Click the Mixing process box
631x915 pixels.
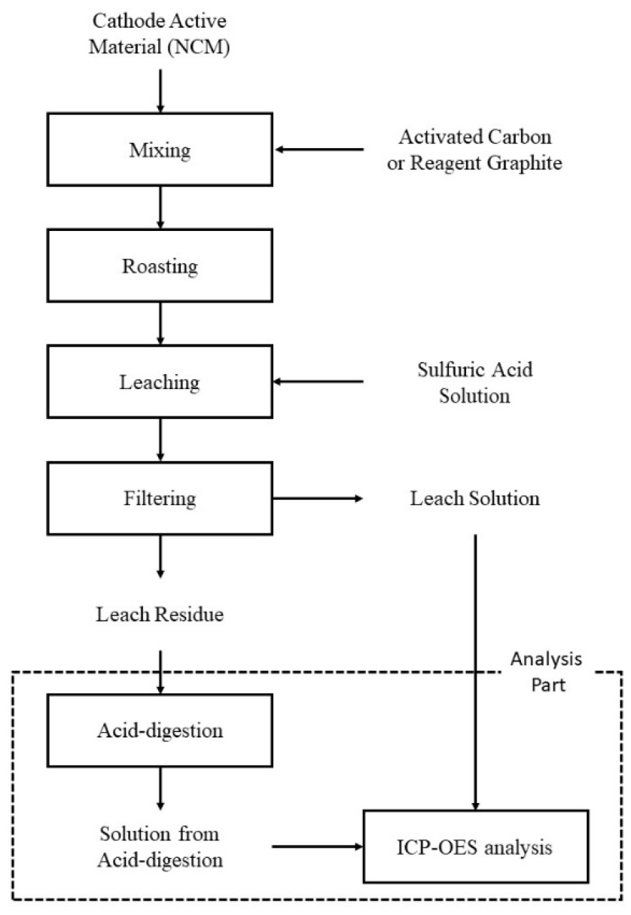pos(160,150)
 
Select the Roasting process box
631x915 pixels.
pos(160,266)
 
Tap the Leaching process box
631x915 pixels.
pos(160,382)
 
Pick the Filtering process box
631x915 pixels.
pos(160,498)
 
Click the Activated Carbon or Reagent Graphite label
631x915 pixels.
pos(474,150)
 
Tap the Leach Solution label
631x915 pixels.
pos(474,498)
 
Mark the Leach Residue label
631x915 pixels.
pos(160,614)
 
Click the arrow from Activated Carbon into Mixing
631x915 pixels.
pos(319,150)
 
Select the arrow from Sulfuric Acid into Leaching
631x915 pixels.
pos(319,382)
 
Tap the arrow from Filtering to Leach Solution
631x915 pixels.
pos(319,498)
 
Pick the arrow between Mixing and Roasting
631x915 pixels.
pos(160,208)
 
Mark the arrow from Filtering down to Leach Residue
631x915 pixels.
pos(160,557)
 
